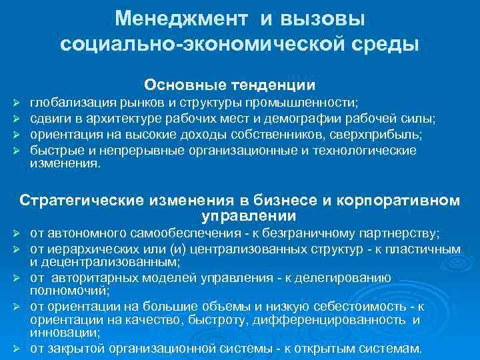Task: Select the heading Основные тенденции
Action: pos(230,85)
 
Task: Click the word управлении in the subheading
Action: pos(248,216)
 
